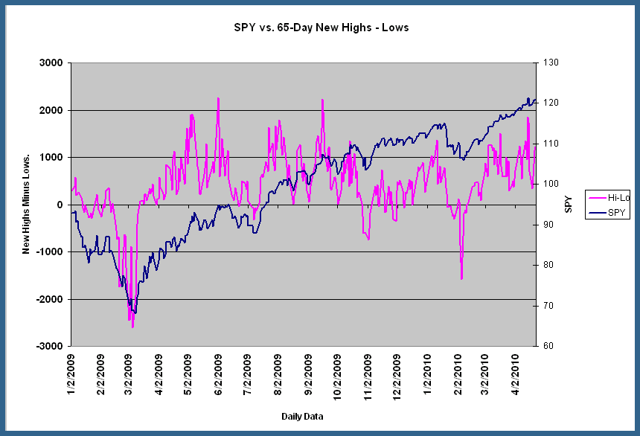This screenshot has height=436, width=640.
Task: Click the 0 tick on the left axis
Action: (61, 205)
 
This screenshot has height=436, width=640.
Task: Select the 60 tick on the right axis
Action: (547, 347)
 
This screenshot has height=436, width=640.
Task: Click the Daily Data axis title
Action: (302, 414)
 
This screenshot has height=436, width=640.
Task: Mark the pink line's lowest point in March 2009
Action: (132, 327)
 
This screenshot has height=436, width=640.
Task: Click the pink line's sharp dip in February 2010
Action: (461, 279)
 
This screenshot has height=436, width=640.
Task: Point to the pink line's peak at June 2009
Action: (218, 98)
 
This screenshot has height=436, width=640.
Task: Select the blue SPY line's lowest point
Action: (134, 313)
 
